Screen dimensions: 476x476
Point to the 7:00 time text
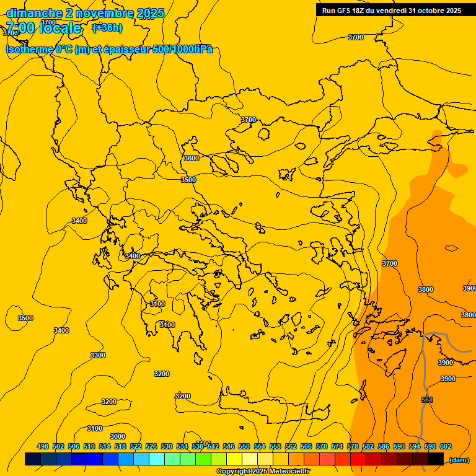tap(20, 28)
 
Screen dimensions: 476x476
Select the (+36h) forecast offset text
tap(107, 27)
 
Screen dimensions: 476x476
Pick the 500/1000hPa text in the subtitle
tap(182, 49)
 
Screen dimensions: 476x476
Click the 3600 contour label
tap(192, 158)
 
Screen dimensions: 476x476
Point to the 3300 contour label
tap(98, 355)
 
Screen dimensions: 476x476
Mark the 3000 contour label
tap(117, 436)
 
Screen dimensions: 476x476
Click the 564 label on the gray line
tap(427, 400)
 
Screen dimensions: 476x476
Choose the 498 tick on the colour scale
tap(43, 446)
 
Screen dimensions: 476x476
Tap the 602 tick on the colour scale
tap(446, 446)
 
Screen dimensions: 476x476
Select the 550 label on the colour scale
tap(244, 446)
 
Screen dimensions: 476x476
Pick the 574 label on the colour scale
tap(337, 446)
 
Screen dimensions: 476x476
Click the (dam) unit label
tap(459, 460)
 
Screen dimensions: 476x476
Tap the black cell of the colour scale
tap(436, 459)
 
